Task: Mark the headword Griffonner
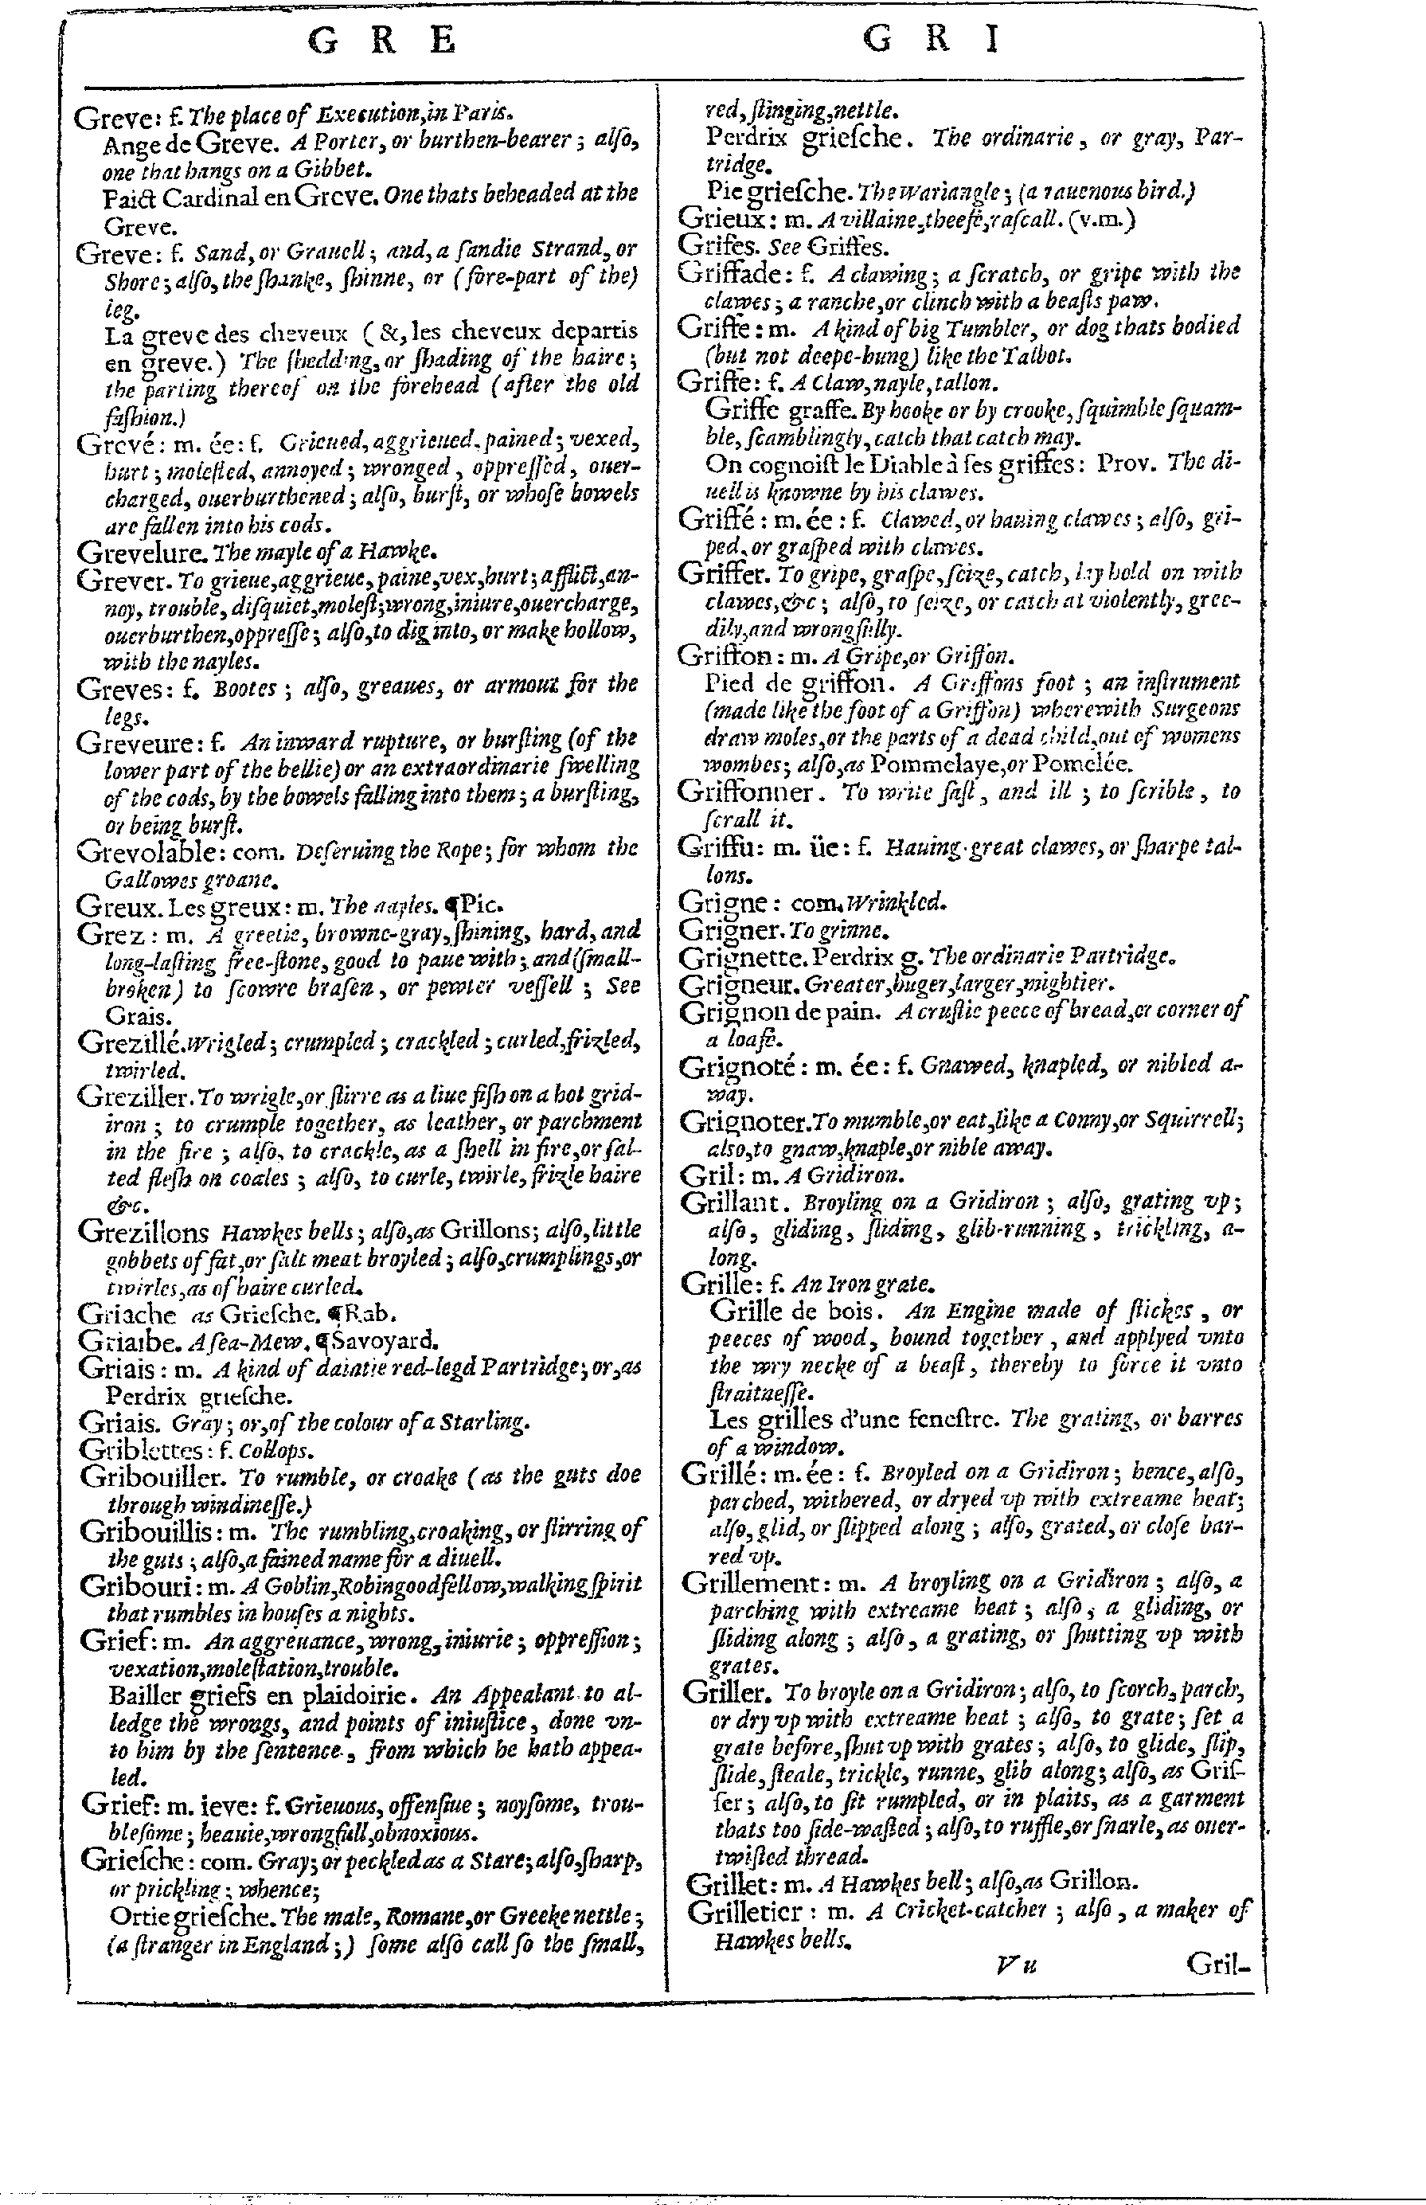[x=746, y=792]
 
